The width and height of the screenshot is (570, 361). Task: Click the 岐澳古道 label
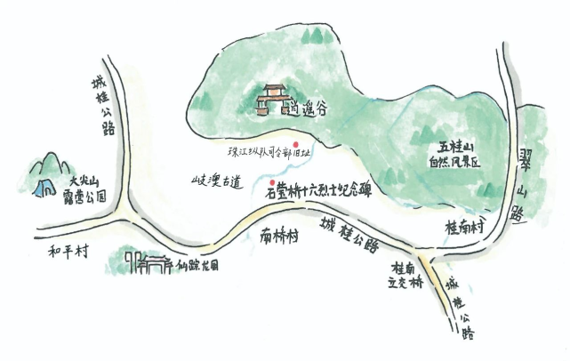[x=216, y=180]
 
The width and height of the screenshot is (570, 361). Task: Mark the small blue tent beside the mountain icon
[x=41, y=187]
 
